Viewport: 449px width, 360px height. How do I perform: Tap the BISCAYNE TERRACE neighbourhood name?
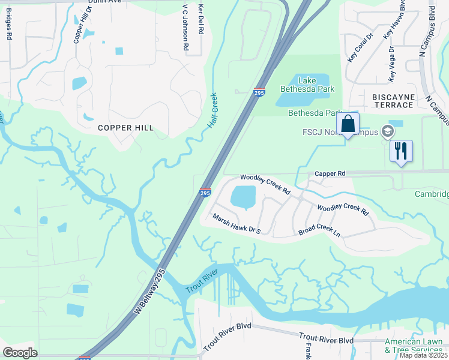pos(393,101)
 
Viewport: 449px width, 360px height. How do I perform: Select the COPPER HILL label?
pos(126,128)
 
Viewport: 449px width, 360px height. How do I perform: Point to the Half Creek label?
pos(213,110)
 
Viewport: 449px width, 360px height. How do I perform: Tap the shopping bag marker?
pos(348,124)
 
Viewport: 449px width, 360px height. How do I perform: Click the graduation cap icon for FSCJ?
pos(388,131)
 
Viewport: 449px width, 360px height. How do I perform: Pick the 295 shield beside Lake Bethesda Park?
pos(259,92)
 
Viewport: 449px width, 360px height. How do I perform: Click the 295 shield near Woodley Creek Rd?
pos(205,192)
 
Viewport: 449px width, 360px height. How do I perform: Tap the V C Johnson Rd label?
pos(186,28)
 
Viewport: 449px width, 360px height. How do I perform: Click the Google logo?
pos(20,353)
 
